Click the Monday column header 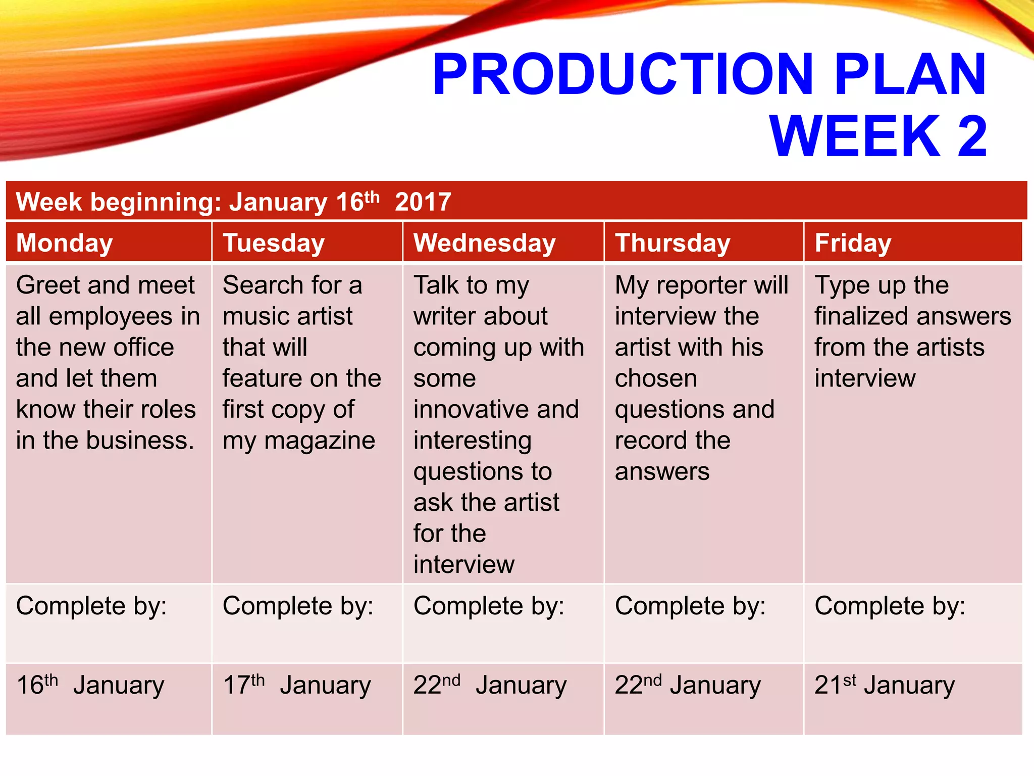tap(65, 243)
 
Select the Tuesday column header tap(274, 243)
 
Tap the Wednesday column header tap(484, 243)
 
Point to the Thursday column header tap(673, 243)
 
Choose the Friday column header tap(853, 243)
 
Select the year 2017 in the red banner tap(423, 202)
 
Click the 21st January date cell tap(884, 686)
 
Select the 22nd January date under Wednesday tap(490, 686)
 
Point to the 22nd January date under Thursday tap(687, 686)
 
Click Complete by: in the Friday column tap(890, 606)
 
